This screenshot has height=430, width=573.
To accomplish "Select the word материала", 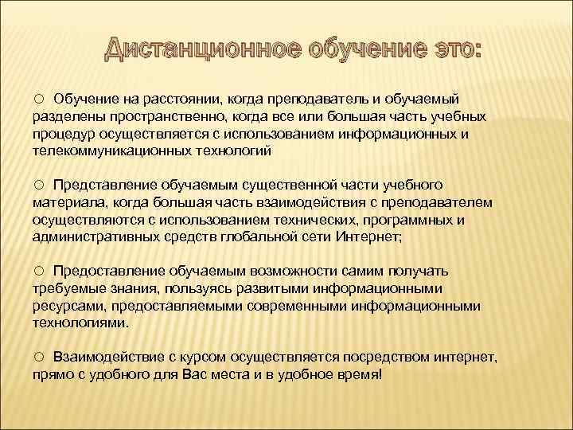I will click(x=66, y=202).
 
